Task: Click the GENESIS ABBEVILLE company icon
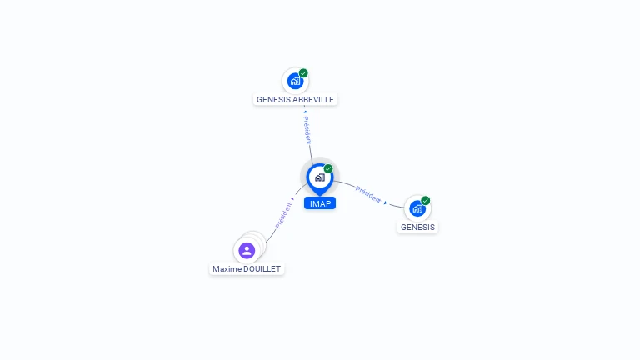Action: coord(294,82)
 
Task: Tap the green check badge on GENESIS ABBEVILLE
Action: coord(303,73)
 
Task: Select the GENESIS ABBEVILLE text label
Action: coord(295,99)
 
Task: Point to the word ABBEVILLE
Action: coord(313,99)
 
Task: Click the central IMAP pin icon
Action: coord(319,177)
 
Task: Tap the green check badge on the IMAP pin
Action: coord(328,169)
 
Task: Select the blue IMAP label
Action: coord(320,203)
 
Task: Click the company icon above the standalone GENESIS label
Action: coord(417,208)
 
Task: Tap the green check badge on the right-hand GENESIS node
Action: coord(426,201)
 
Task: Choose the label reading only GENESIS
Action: coord(417,227)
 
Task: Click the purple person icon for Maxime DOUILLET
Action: coord(247,250)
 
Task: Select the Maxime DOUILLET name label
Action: coord(247,269)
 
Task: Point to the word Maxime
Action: coord(227,269)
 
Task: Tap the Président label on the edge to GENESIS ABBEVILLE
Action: coord(307,131)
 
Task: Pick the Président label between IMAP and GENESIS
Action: coord(367,193)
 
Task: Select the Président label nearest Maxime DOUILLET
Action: coord(282,215)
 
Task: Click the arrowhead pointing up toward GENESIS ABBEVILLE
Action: coord(305,110)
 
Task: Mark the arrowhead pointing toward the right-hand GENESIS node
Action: coord(386,202)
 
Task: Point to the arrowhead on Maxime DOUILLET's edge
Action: coord(292,199)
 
